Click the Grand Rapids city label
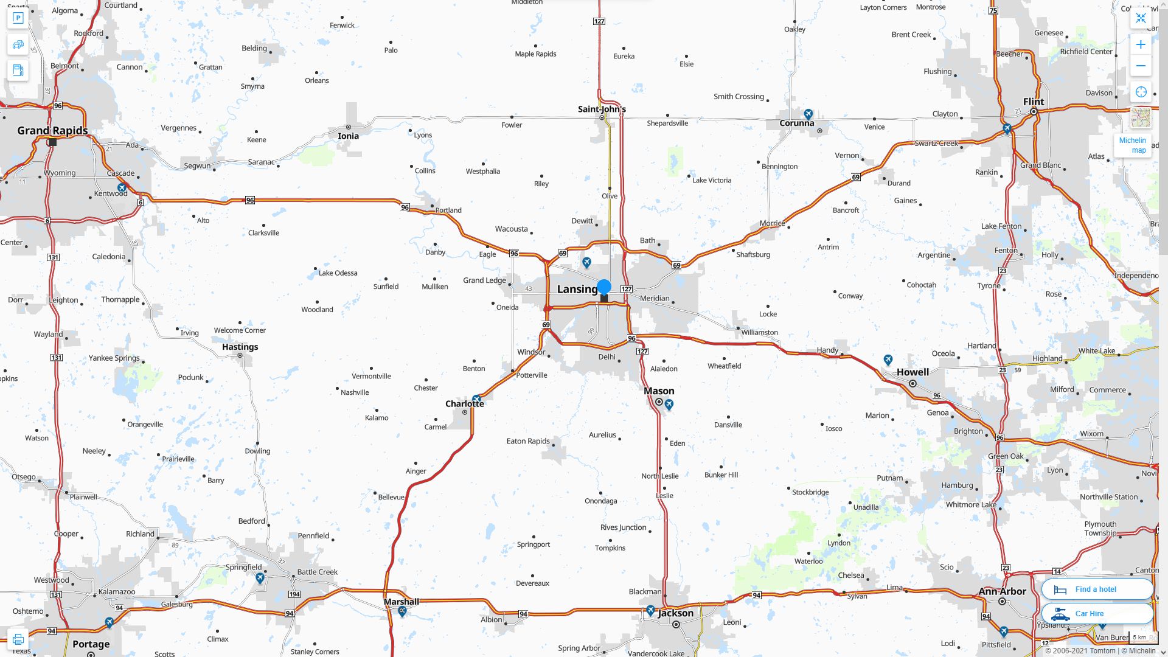[52, 131]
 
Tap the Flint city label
[1033, 102]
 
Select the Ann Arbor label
[1002, 591]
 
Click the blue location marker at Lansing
[603, 287]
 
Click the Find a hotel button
[1097, 589]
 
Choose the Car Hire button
[1097, 613]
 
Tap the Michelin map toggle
[1132, 145]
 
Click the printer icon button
[18, 639]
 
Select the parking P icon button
[18, 18]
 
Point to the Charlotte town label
[464, 403]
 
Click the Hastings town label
[240, 347]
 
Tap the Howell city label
[912, 372]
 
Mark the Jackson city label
[675, 613]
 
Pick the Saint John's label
[602, 109]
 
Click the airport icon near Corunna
[808, 114]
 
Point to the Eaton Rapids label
[528, 441]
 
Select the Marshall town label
[401, 602]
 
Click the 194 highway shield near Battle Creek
[294, 594]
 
